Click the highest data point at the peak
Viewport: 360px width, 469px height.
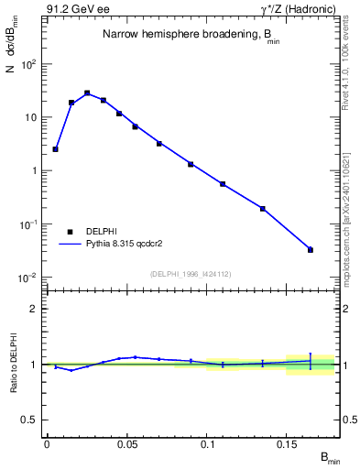(87, 93)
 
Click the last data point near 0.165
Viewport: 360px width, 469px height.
(311, 249)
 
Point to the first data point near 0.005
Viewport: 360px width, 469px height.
(55, 148)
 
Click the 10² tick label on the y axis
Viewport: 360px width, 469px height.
(27, 64)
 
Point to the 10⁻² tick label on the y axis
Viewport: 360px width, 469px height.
(27, 277)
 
